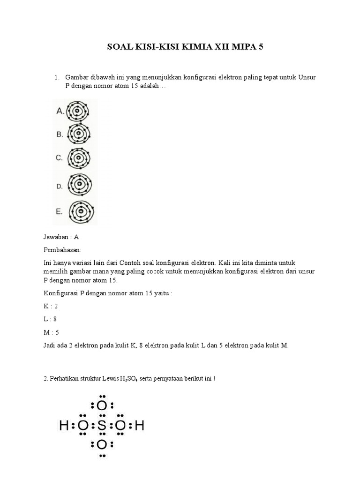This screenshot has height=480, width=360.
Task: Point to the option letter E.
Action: [59, 212]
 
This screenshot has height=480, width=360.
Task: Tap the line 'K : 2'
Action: [51, 306]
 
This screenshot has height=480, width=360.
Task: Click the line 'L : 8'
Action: [51, 319]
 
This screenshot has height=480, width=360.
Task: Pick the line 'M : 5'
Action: [51, 332]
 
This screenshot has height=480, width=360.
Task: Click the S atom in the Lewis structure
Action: [102, 426]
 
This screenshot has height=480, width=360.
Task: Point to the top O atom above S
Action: [102, 405]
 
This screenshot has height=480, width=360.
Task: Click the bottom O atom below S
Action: [102, 444]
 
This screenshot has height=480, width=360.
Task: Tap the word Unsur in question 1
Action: [307, 77]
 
